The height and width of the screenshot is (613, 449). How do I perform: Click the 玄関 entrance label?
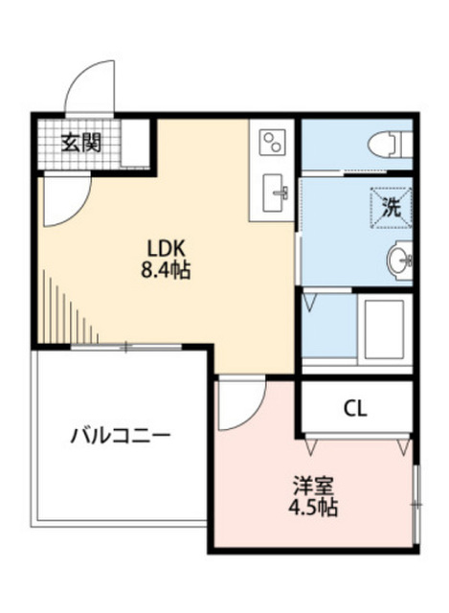pyautogui.click(x=81, y=145)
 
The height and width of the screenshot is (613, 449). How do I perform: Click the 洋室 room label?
pyautogui.click(x=310, y=484)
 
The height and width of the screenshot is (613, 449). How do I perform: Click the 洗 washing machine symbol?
pyautogui.click(x=392, y=204)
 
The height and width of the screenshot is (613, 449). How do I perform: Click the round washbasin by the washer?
pyautogui.click(x=400, y=259)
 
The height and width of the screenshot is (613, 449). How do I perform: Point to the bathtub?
pyautogui.click(x=383, y=327)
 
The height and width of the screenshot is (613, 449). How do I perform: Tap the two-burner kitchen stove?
pyautogui.click(x=272, y=143)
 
